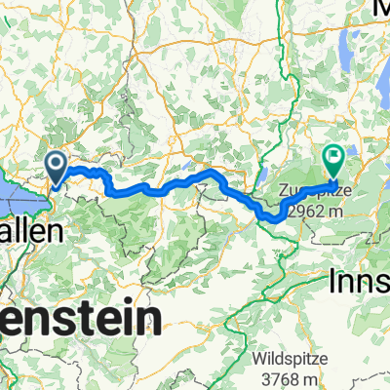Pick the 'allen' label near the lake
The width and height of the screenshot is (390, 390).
(x=28, y=232)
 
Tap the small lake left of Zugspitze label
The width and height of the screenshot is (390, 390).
(x=263, y=178)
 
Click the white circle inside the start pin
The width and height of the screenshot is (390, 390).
(x=57, y=163)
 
